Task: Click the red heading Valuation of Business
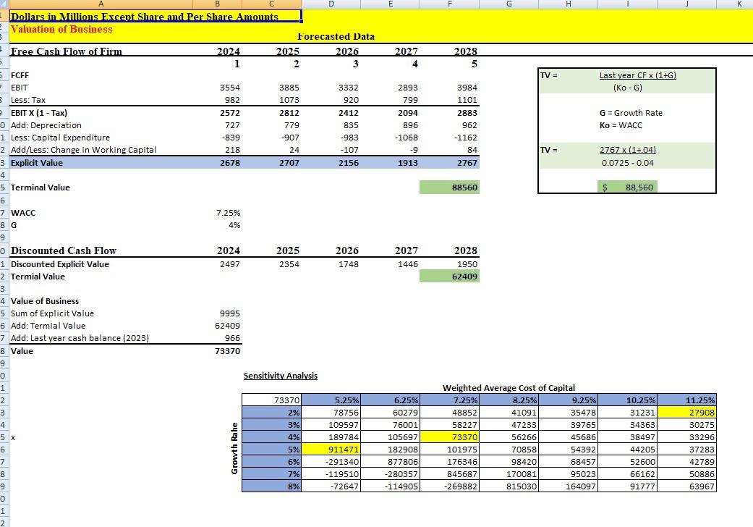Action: point(61,29)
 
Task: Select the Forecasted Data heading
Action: point(336,36)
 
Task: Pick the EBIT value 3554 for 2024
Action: point(229,87)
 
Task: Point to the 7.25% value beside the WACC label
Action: point(229,214)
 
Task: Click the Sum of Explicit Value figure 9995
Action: point(229,313)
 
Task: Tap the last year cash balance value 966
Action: point(232,338)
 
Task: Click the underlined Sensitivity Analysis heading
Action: point(281,375)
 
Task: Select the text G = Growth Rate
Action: point(631,113)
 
